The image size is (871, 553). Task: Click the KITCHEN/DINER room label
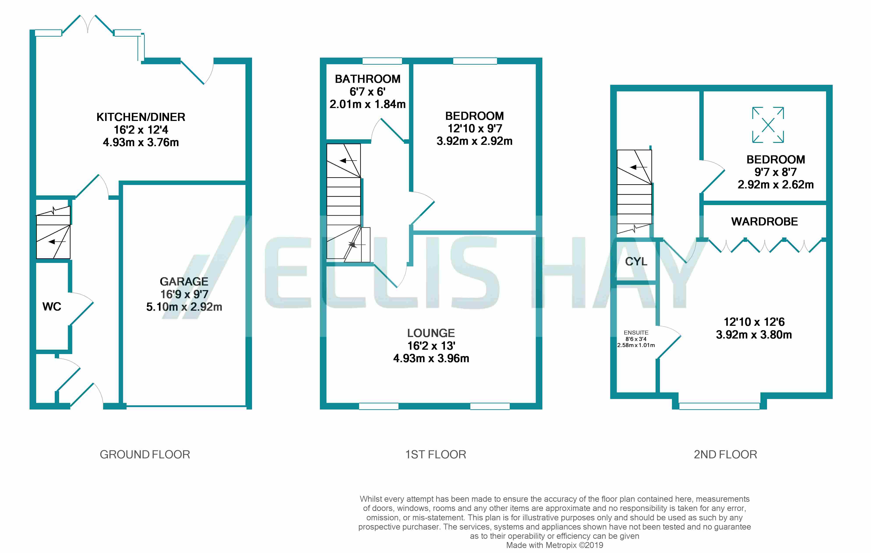[141, 117]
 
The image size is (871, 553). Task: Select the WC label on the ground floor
[52, 307]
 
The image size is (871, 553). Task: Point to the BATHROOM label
[367, 79]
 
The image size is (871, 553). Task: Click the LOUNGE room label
[431, 333]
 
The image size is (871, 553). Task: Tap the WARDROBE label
[764, 222]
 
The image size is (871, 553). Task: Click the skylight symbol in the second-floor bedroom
[768, 125]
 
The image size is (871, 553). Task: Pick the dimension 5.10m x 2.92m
[184, 307]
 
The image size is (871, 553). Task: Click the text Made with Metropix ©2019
[555, 545]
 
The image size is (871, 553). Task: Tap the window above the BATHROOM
[382, 61]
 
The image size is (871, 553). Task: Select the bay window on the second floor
[719, 406]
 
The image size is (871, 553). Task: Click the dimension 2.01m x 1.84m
[367, 104]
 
